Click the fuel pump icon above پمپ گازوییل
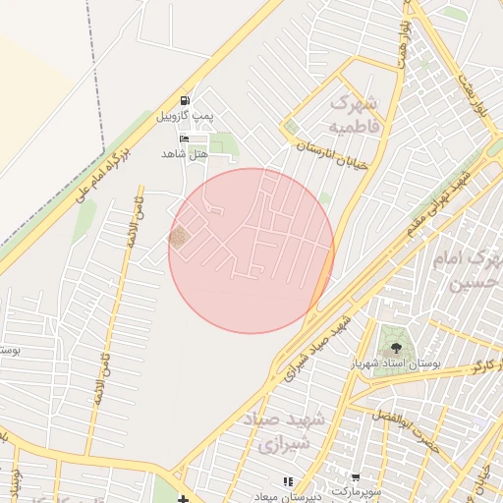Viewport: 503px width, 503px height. click(x=186, y=101)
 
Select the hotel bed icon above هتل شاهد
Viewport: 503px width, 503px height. click(x=186, y=139)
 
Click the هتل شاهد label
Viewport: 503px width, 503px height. click(x=186, y=154)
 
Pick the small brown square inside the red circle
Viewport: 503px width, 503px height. click(x=178, y=237)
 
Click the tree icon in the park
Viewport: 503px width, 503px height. click(x=396, y=347)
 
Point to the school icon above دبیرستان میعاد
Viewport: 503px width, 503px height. click(x=288, y=481)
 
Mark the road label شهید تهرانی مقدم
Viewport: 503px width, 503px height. click(x=438, y=204)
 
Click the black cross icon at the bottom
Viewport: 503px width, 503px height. click(x=184, y=500)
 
